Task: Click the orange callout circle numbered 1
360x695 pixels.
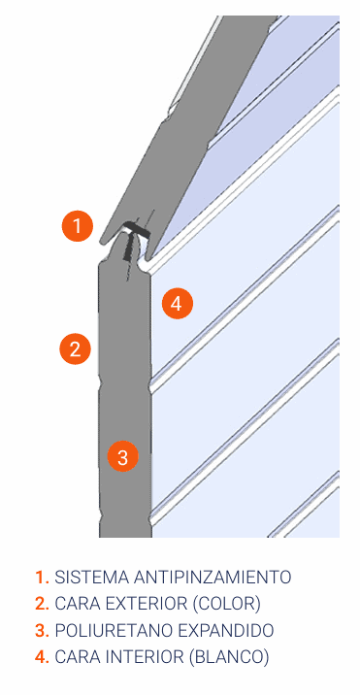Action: (78, 226)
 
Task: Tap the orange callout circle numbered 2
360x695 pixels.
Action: (76, 348)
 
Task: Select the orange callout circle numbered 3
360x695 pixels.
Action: (123, 456)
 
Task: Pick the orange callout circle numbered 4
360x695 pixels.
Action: (177, 304)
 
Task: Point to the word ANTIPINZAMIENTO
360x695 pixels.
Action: (212, 578)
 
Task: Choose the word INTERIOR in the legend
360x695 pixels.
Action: (144, 657)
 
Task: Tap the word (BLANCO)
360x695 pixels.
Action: (229, 657)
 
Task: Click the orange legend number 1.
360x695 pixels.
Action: (42, 578)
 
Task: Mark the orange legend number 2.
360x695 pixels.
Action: (42, 604)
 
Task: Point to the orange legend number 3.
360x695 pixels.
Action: (42, 630)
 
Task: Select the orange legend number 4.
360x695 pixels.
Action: (42, 657)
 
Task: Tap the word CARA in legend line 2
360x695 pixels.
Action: (77, 604)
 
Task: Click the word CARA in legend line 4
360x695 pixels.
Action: (77, 657)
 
